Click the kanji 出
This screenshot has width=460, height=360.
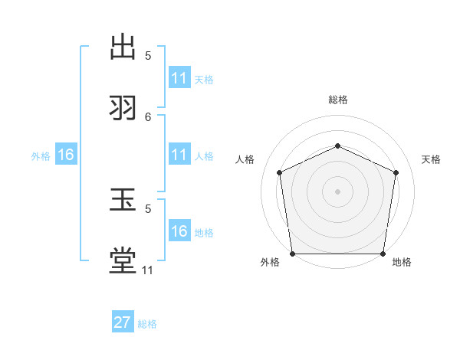(x=123, y=48)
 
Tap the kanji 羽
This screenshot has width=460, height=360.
(x=123, y=108)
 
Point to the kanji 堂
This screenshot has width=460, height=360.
(x=123, y=261)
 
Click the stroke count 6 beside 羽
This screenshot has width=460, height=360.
(x=148, y=116)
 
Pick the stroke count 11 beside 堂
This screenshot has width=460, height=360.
(x=148, y=270)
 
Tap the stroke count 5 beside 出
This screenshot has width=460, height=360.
(x=148, y=55)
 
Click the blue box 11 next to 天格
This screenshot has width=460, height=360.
(x=179, y=78)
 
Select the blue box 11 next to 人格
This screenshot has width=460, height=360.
(x=179, y=155)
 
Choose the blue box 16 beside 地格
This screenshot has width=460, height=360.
(x=179, y=231)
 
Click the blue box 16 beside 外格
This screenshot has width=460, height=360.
(x=66, y=155)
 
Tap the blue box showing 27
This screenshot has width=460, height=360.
(x=123, y=322)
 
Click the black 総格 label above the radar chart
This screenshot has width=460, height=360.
(x=337, y=100)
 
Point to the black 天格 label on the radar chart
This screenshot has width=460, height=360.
(x=432, y=159)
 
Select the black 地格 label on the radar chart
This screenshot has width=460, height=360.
(x=402, y=263)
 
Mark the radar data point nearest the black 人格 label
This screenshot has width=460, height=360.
(x=279, y=172)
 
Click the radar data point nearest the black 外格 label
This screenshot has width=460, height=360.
(x=293, y=254)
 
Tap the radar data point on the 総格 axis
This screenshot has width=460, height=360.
(x=337, y=146)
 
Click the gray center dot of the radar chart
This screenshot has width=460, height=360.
(x=337, y=191)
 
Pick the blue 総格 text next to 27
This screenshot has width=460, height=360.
(x=147, y=324)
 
